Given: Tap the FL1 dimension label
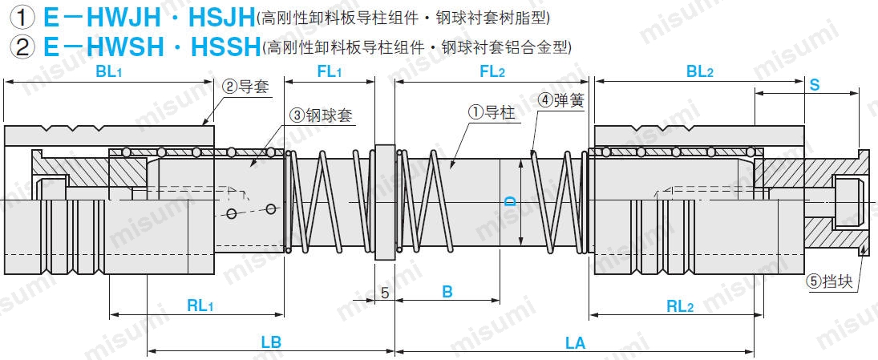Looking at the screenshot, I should pos(330,71).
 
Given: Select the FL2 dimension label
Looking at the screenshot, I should pos(492,71).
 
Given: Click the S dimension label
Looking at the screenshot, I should pos(814,84).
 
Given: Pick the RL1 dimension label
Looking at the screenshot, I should pos(200,305).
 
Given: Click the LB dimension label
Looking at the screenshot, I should pos(271,342).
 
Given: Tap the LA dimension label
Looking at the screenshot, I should pos(575,342).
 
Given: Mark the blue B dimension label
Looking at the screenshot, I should pos(447,293).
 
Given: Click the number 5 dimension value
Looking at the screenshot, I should pos(385,293).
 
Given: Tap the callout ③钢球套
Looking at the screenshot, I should pos(321,115).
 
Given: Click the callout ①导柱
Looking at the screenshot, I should pos(492,114).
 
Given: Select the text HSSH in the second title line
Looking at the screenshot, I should pos(226,46).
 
